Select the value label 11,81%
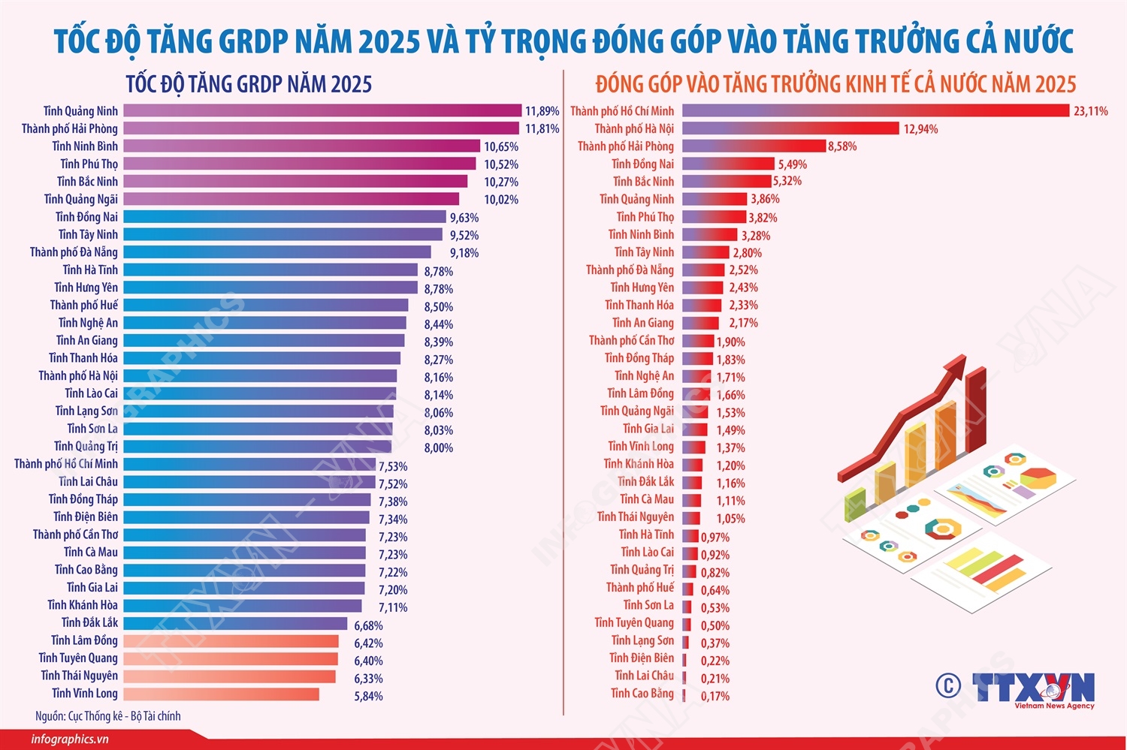click(542, 129)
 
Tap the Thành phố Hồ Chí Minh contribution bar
click(875, 111)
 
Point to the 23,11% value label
click(1090, 111)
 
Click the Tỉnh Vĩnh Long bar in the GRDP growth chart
click(221, 694)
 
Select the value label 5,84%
click(368, 697)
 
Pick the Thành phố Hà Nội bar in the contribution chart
click(790, 128)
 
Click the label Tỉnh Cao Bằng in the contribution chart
click(642, 694)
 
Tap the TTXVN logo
click(1034, 688)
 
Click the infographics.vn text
click(70, 739)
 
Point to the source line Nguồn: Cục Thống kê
click(107, 716)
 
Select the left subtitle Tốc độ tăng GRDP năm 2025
click(249, 84)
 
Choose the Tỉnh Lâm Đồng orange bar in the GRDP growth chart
click(231, 641)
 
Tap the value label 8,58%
click(842, 146)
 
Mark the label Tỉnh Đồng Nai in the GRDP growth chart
click(86, 217)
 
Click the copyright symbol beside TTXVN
click(948, 685)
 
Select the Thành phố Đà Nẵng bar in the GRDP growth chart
click(277, 252)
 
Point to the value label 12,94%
click(920, 129)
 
